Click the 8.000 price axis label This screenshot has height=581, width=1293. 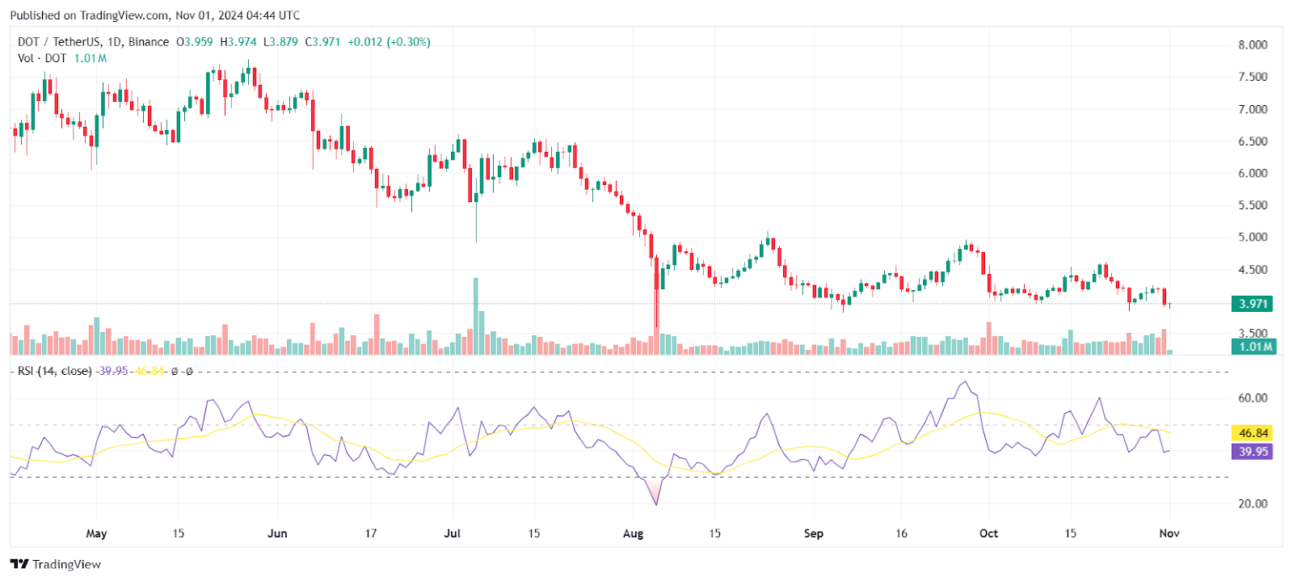(1253, 45)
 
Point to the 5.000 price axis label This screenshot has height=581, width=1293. (1253, 238)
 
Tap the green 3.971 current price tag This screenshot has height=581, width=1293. (1252, 304)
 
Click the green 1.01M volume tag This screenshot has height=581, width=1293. (1253, 347)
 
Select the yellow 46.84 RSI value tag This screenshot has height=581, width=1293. (1253, 433)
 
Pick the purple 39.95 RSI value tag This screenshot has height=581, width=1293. (1253, 452)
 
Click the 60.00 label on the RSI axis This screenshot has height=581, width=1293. (1253, 398)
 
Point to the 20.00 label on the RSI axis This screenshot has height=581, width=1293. (1253, 503)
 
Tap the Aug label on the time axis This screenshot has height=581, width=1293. (634, 533)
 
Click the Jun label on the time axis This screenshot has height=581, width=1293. (277, 533)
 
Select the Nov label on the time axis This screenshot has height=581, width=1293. (1169, 533)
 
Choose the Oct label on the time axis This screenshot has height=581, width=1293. (988, 533)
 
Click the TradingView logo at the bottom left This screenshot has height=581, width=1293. (56, 564)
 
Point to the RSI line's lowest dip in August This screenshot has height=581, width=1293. (656, 505)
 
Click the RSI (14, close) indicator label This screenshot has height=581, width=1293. (54, 371)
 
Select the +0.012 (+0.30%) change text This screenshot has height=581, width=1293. (389, 42)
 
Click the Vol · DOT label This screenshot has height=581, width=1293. (42, 58)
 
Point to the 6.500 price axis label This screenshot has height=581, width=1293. (1253, 141)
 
